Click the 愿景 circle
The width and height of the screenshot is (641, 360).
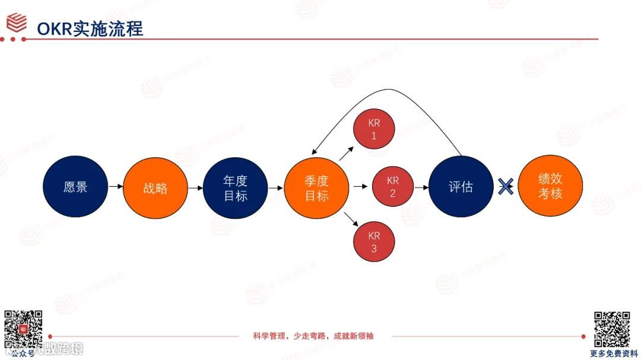point(75,186)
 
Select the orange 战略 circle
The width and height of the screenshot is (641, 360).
point(156,188)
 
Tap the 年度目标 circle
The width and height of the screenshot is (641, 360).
point(235,188)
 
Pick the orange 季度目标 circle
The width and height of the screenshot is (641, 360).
point(317,188)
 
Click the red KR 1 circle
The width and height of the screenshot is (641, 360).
point(374,130)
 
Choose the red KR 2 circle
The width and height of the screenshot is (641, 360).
point(392,187)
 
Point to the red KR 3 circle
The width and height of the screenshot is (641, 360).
point(374,241)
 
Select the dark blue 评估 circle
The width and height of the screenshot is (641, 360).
point(461,187)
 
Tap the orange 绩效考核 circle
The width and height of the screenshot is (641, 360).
point(550,186)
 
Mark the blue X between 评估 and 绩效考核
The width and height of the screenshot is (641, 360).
point(505,187)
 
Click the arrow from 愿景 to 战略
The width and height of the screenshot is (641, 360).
point(116,187)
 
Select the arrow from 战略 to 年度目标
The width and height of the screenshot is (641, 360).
point(195,188)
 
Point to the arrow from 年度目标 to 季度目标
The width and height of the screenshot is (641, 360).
point(276,188)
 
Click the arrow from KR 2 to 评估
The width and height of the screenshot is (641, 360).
point(421,187)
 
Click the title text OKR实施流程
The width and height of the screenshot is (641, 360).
point(90,28)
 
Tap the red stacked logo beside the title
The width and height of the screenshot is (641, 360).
point(17,23)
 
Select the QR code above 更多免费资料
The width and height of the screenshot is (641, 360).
point(612,329)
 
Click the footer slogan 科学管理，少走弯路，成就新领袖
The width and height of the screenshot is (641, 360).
point(313,336)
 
